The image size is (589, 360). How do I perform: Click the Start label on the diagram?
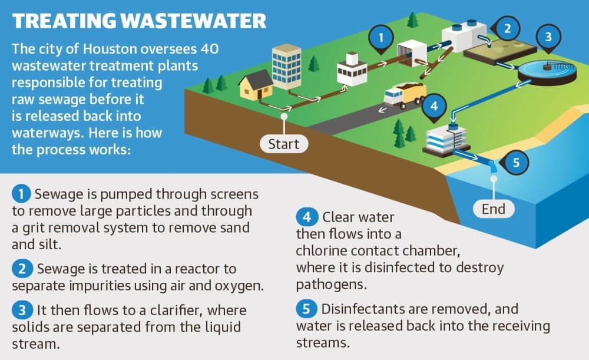284,144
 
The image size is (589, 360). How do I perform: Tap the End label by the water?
493,209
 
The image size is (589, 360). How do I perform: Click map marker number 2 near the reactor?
507,28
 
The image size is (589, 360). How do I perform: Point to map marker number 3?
548,38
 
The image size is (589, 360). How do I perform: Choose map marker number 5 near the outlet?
515,163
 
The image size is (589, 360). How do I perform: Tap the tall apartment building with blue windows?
286,66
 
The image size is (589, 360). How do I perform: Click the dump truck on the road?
405,95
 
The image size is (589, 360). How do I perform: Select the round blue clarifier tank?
547,72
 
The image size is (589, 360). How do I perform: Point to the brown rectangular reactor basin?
500,50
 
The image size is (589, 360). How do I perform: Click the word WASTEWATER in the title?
194,21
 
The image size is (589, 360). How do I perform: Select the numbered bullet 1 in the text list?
21,194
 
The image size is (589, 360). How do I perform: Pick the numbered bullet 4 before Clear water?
307,217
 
